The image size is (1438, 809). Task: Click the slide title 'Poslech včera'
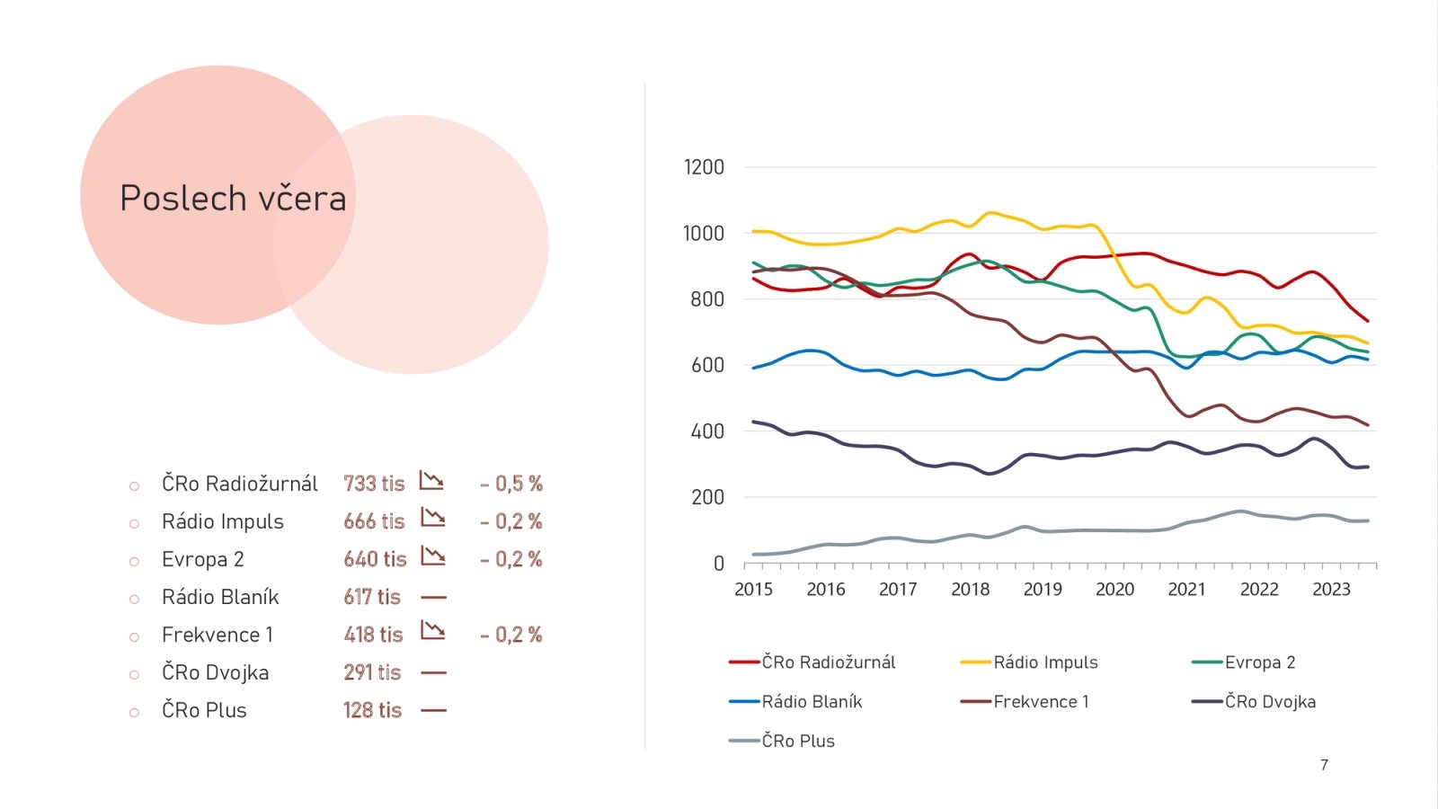coord(233,199)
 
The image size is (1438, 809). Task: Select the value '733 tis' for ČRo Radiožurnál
coord(374,484)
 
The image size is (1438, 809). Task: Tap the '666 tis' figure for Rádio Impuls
coord(374,521)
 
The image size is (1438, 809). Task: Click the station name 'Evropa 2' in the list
coord(203,559)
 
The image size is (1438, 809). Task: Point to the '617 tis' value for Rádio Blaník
coord(372,597)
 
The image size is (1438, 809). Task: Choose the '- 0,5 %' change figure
coord(511,484)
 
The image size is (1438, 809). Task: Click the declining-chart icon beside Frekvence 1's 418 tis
coord(433,631)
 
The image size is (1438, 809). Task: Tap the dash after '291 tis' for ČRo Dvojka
coord(433,672)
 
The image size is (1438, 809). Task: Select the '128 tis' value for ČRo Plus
coord(372,710)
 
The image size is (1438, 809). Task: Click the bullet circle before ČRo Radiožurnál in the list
coord(134,486)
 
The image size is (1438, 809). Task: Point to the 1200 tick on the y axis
coord(704,167)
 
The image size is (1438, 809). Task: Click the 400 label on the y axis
coord(707,431)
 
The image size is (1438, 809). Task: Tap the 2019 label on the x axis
coord(1043,590)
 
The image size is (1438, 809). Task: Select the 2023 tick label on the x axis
coord(1331,590)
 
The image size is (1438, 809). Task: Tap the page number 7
coord(1324,765)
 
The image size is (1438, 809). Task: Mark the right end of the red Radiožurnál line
coord(1367,321)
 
